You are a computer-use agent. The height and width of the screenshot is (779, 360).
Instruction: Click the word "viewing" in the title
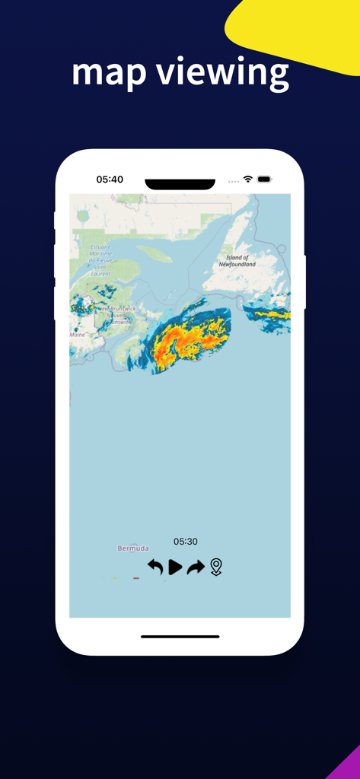point(222,73)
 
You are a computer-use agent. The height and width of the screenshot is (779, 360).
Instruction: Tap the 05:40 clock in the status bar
point(110,180)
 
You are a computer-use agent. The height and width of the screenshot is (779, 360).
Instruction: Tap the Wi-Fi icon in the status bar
point(248,179)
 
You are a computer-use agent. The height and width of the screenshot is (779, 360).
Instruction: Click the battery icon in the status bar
point(264,179)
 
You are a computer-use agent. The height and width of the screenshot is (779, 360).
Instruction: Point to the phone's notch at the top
point(180,184)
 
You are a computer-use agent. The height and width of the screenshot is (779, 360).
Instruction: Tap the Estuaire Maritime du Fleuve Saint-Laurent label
point(101,259)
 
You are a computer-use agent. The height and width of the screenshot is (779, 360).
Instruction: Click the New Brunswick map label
point(113,312)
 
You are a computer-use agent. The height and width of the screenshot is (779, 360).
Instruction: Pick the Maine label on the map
point(78,334)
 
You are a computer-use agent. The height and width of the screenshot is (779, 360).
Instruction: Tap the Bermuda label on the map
point(133,548)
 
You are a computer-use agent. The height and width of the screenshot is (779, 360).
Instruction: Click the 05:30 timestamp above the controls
point(185,542)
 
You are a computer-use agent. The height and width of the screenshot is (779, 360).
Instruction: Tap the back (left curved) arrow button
point(155,567)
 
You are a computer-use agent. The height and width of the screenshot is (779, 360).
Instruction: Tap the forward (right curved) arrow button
point(196,567)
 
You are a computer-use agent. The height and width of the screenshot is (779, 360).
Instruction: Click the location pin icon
point(216,567)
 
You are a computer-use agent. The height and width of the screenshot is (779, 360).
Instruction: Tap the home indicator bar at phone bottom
point(180,636)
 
